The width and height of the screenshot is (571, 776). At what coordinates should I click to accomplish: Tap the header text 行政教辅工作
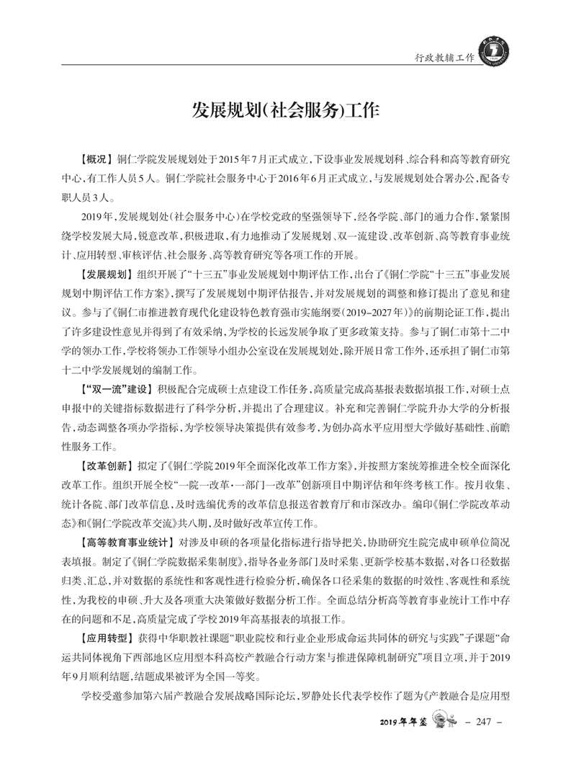(x=440, y=57)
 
